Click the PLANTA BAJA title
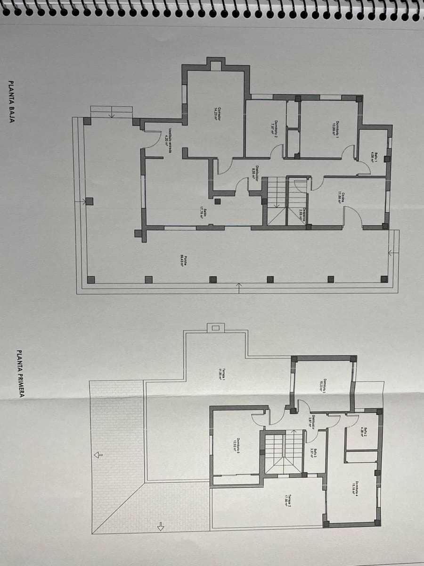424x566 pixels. [11, 102]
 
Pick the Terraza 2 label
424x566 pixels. [287, 499]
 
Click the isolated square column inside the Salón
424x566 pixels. [217, 201]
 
